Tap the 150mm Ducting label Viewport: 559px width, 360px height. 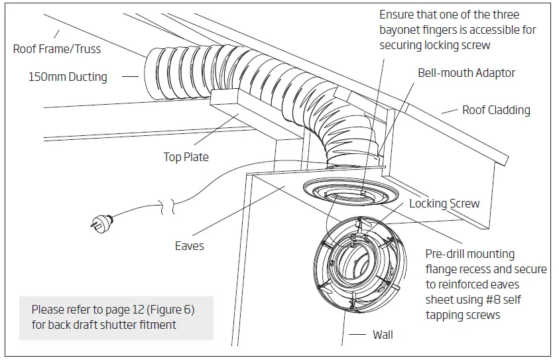tap(68, 77)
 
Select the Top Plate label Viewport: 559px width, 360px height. tap(186, 157)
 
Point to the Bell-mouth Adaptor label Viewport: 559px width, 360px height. tap(466, 73)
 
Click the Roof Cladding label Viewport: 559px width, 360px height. tap(496, 110)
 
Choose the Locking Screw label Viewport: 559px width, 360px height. tap(444, 204)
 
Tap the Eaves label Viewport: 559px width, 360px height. tap(190, 246)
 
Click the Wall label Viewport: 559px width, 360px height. tap(383, 335)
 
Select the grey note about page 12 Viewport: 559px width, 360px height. tap(116, 318)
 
